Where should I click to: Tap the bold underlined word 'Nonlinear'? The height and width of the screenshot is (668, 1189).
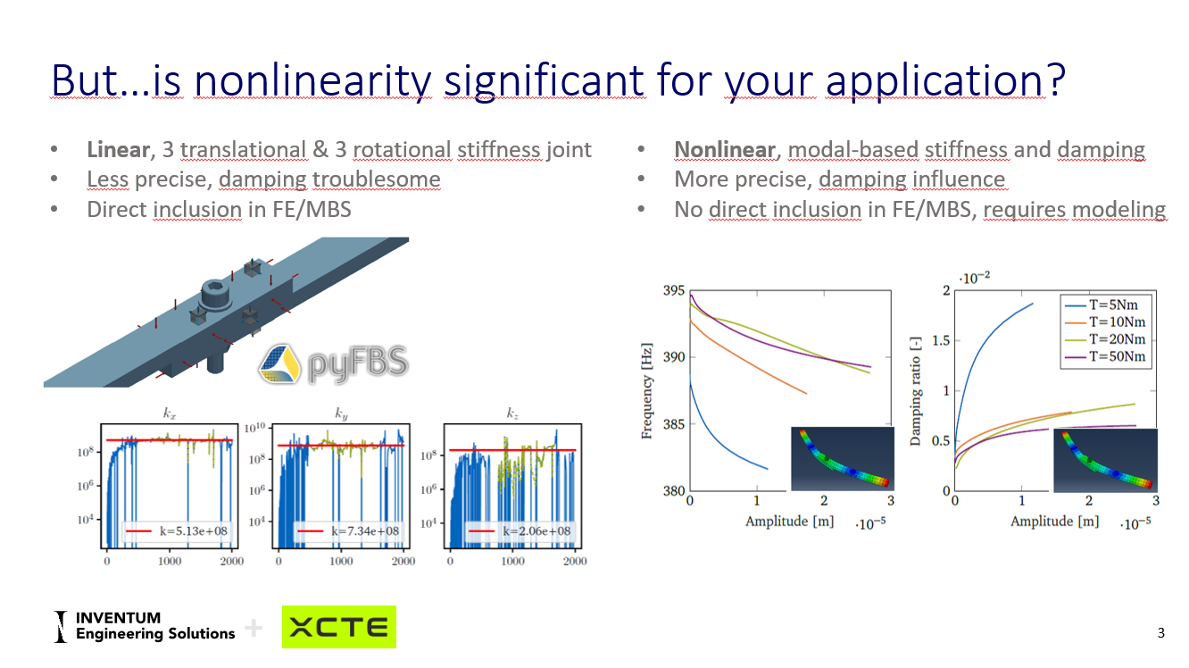point(724,149)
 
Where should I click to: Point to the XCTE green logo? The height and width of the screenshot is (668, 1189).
point(339,627)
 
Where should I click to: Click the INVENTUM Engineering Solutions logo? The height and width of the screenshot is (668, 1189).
point(145,626)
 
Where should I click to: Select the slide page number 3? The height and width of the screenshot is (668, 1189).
point(1160,633)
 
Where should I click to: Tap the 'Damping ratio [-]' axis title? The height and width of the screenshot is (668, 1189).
point(915,391)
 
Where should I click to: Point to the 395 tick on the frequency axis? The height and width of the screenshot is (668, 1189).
point(674,291)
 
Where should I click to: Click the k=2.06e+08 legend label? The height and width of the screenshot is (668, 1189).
point(536,530)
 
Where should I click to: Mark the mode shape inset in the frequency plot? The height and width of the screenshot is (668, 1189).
point(842,458)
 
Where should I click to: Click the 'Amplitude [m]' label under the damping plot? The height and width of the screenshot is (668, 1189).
point(1054,521)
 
